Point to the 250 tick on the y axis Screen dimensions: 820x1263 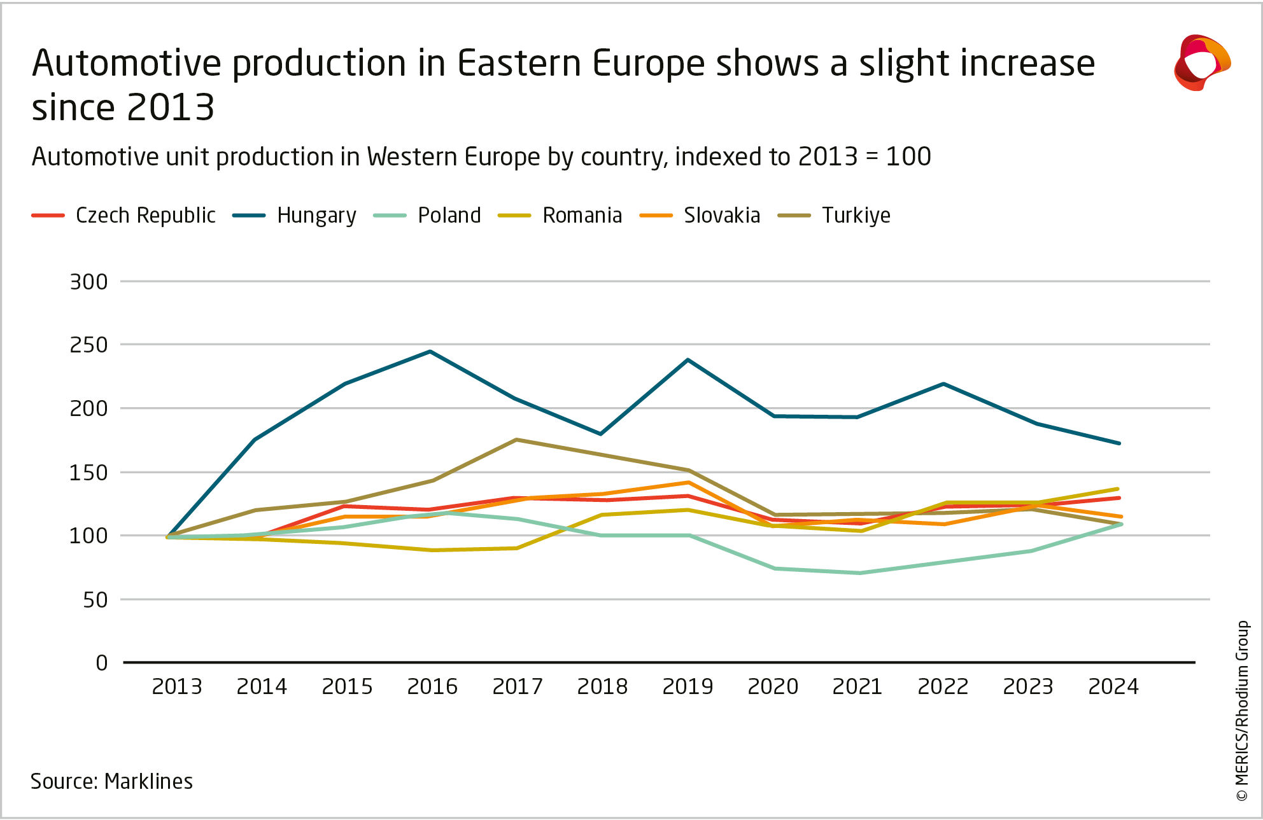coord(89,345)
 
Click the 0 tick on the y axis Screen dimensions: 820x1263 coord(102,664)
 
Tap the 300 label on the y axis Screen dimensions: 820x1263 coord(89,282)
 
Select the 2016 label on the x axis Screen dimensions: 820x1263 coord(432,687)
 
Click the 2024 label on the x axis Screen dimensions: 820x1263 coord(1113,687)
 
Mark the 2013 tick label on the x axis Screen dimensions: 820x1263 coord(177,687)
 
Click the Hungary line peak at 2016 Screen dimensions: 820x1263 coord(430,351)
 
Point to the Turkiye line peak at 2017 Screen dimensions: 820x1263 coord(516,440)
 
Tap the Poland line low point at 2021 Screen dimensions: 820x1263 coord(859,573)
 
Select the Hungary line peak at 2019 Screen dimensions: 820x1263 coord(688,360)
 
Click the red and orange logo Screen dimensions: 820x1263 coord(1201,63)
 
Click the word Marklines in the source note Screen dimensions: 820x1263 coord(148,781)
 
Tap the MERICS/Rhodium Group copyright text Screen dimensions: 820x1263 coord(1242,711)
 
